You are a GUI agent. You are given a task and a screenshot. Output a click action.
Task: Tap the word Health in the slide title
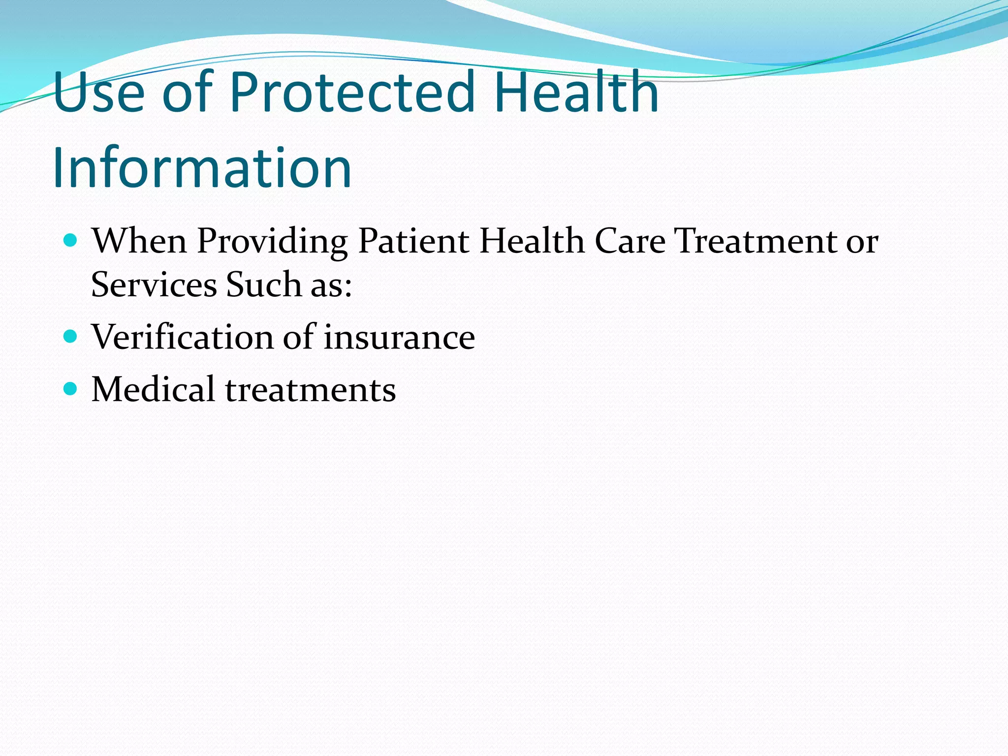pyautogui.click(x=576, y=92)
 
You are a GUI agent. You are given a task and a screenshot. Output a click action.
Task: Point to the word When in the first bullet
pyautogui.click(x=139, y=241)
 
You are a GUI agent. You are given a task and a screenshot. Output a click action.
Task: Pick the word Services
pyautogui.click(x=154, y=285)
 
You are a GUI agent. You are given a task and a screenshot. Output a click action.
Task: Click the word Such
pyautogui.click(x=263, y=285)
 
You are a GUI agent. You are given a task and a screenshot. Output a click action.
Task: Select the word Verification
pyautogui.click(x=182, y=337)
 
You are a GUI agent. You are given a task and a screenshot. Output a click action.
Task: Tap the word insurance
pyautogui.click(x=399, y=337)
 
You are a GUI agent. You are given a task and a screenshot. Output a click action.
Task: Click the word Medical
pyautogui.click(x=153, y=389)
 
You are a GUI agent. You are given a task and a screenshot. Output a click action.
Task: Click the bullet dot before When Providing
pyautogui.click(x=71, y=241)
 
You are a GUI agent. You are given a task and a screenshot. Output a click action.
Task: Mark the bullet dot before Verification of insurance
pyautogui.click(x=71, y=337)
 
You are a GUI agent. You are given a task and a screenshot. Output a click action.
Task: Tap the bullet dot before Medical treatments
pyautogui.click(x=71, y=389)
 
